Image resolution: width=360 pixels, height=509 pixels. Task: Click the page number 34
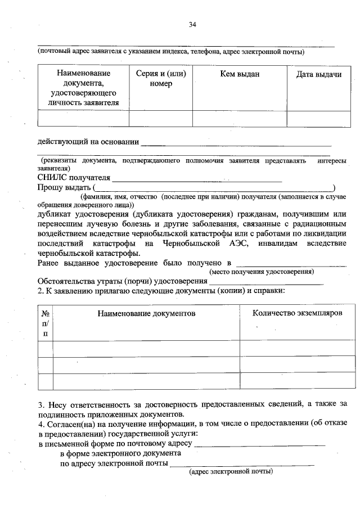coord(193,24)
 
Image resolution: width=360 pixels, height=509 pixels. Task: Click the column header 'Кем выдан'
coord(239,74)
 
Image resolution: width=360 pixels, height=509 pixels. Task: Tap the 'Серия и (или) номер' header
coord(161,79)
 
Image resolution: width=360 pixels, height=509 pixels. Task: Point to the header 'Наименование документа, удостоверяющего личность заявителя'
coord(84,88)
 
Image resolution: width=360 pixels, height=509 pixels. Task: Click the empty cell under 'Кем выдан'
coord(239,118)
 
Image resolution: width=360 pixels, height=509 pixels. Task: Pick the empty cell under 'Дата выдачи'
coord(319,118)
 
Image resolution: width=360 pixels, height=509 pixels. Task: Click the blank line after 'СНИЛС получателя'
coord(197,179)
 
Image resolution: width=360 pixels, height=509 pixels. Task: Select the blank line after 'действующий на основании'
coord(236,143)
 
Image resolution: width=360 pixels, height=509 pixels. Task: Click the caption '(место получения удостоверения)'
coord(262,272)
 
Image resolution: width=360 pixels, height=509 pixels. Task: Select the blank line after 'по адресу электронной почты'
coord(242,464)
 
